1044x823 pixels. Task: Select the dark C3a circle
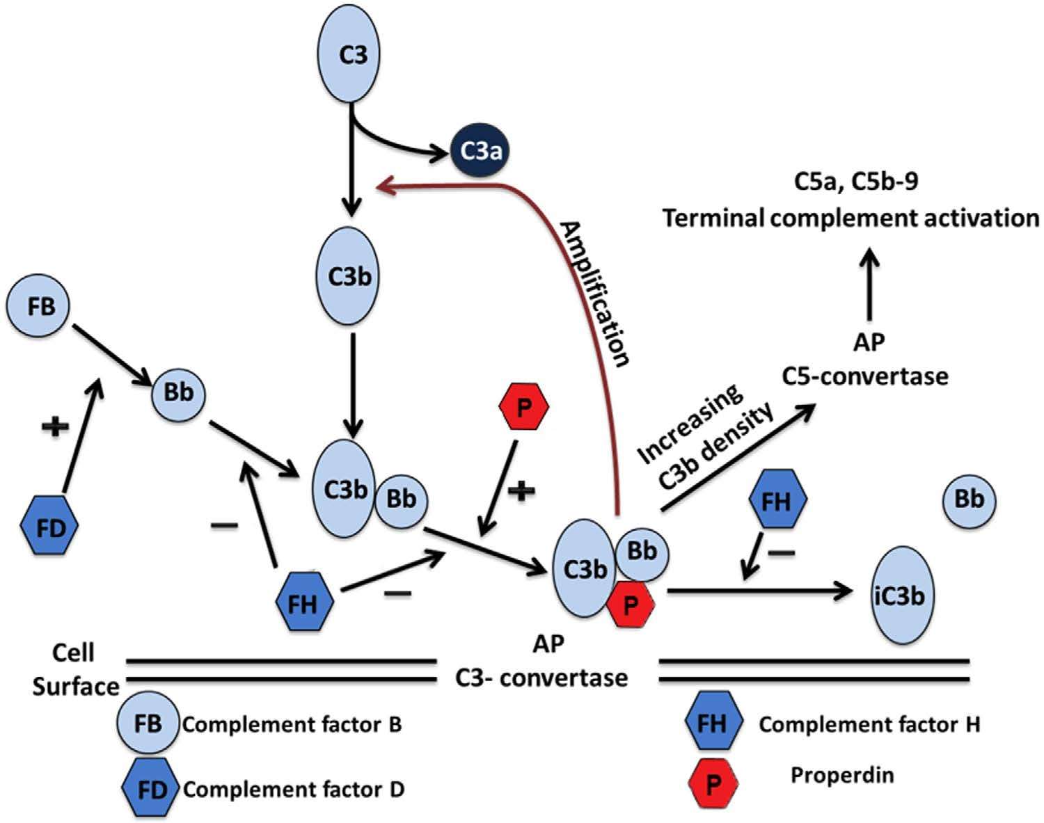(478, 151)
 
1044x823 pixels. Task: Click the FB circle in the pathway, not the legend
(38, 307)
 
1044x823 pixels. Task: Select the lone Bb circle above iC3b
(970, 500)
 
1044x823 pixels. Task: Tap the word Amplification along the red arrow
(596, 293)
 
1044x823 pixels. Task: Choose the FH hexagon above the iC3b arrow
(777, 500)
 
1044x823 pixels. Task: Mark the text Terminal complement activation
(851, 218)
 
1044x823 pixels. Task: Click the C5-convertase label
(865, 376)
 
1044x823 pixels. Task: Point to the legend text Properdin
(841, 774)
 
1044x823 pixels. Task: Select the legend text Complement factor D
(293, 790)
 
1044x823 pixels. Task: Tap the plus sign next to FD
(56, 426)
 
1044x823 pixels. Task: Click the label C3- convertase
(541, 677)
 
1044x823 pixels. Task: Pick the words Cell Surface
(75, 670)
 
